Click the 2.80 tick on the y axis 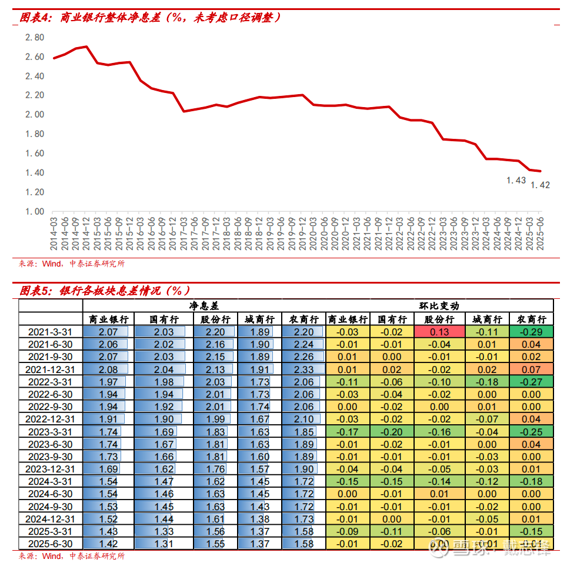35,37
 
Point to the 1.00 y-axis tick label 35,211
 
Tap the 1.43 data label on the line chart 516,181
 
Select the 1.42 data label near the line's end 540,185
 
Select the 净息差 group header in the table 204,306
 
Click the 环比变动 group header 439,306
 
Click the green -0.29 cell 531,332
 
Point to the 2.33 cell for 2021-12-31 303,369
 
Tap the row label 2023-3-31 51,432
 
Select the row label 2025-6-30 51,544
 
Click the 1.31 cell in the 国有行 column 164,544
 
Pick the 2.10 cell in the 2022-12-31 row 303,419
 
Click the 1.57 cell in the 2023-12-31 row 259,470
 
